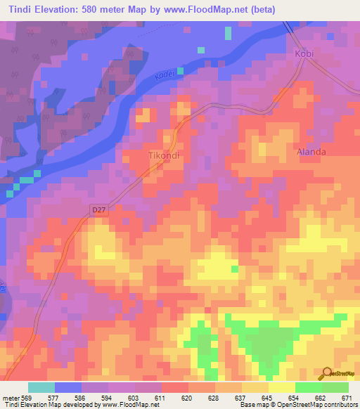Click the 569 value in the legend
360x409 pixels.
coord(25,397)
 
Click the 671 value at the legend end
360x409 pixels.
coord(348,397)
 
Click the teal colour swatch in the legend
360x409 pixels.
coord(41,387)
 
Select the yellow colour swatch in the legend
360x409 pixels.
coord(281,387)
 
